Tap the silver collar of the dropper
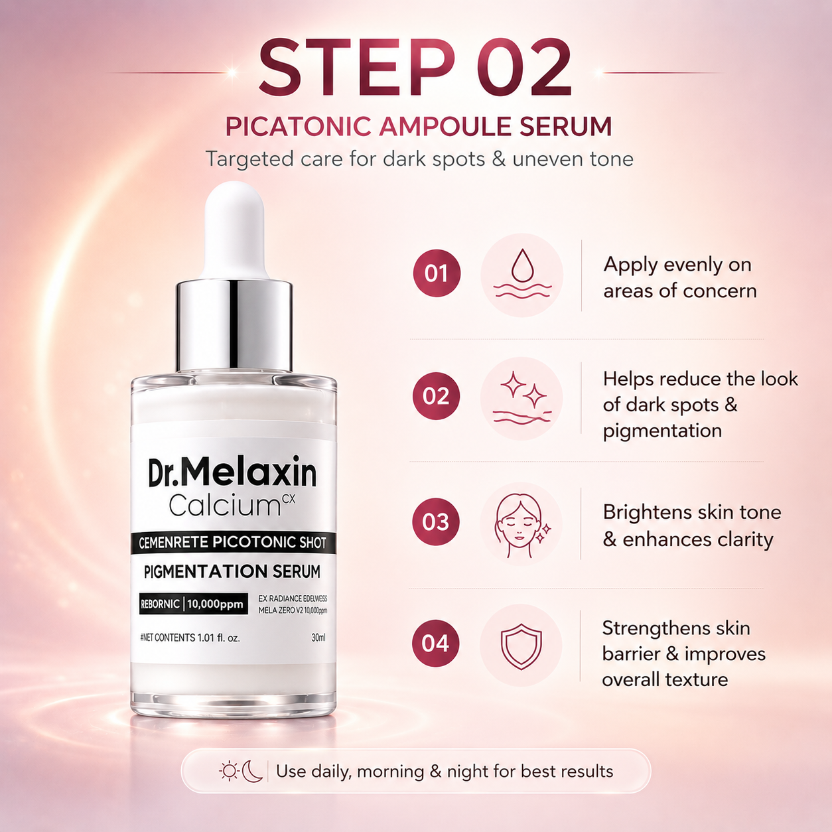coord(234,325)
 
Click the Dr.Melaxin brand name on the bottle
coord(232,472)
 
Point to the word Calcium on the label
coord(224,505)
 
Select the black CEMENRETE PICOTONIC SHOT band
coord(233,543)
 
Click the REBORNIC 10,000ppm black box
coord(194,604)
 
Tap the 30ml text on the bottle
coord(318,638)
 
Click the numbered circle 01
coord(437,273)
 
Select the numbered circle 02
coord(436,396)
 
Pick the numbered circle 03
coord(436,521)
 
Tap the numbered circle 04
coord(435,644)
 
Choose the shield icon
coord(521,646)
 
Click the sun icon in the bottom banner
coord(229,771)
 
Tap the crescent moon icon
coord(252,771)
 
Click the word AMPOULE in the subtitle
coord(446,127)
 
